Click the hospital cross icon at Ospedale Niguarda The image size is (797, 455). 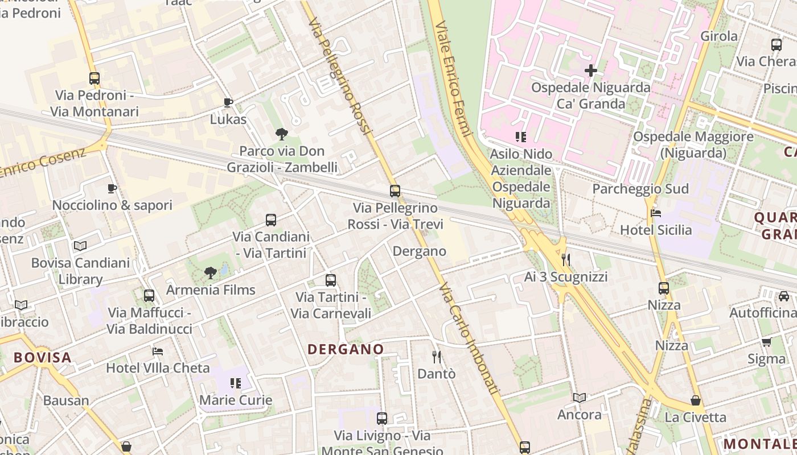click(590, 71)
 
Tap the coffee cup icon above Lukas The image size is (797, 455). click(228, 102)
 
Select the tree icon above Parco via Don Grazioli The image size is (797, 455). click(281, 134)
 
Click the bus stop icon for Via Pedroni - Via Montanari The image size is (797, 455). click(95, 78)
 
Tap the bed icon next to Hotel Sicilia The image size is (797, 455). click(656, 214)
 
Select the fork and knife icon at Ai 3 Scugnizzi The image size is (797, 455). click(565, 260)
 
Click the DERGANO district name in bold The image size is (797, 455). click(346, 349)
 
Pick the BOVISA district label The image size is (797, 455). click(43, 358)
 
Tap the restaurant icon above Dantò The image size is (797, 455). click(437, 357)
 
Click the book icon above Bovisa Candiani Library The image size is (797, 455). click(80, 246)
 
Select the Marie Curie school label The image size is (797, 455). click(236, 400)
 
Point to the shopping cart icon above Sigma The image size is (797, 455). click(766, 342)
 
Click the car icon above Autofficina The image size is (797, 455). click(784, 296)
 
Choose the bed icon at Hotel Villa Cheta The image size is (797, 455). click(158, 351)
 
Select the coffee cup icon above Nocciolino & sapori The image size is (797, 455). click(112, 188)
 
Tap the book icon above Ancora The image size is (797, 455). click(580, 398)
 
